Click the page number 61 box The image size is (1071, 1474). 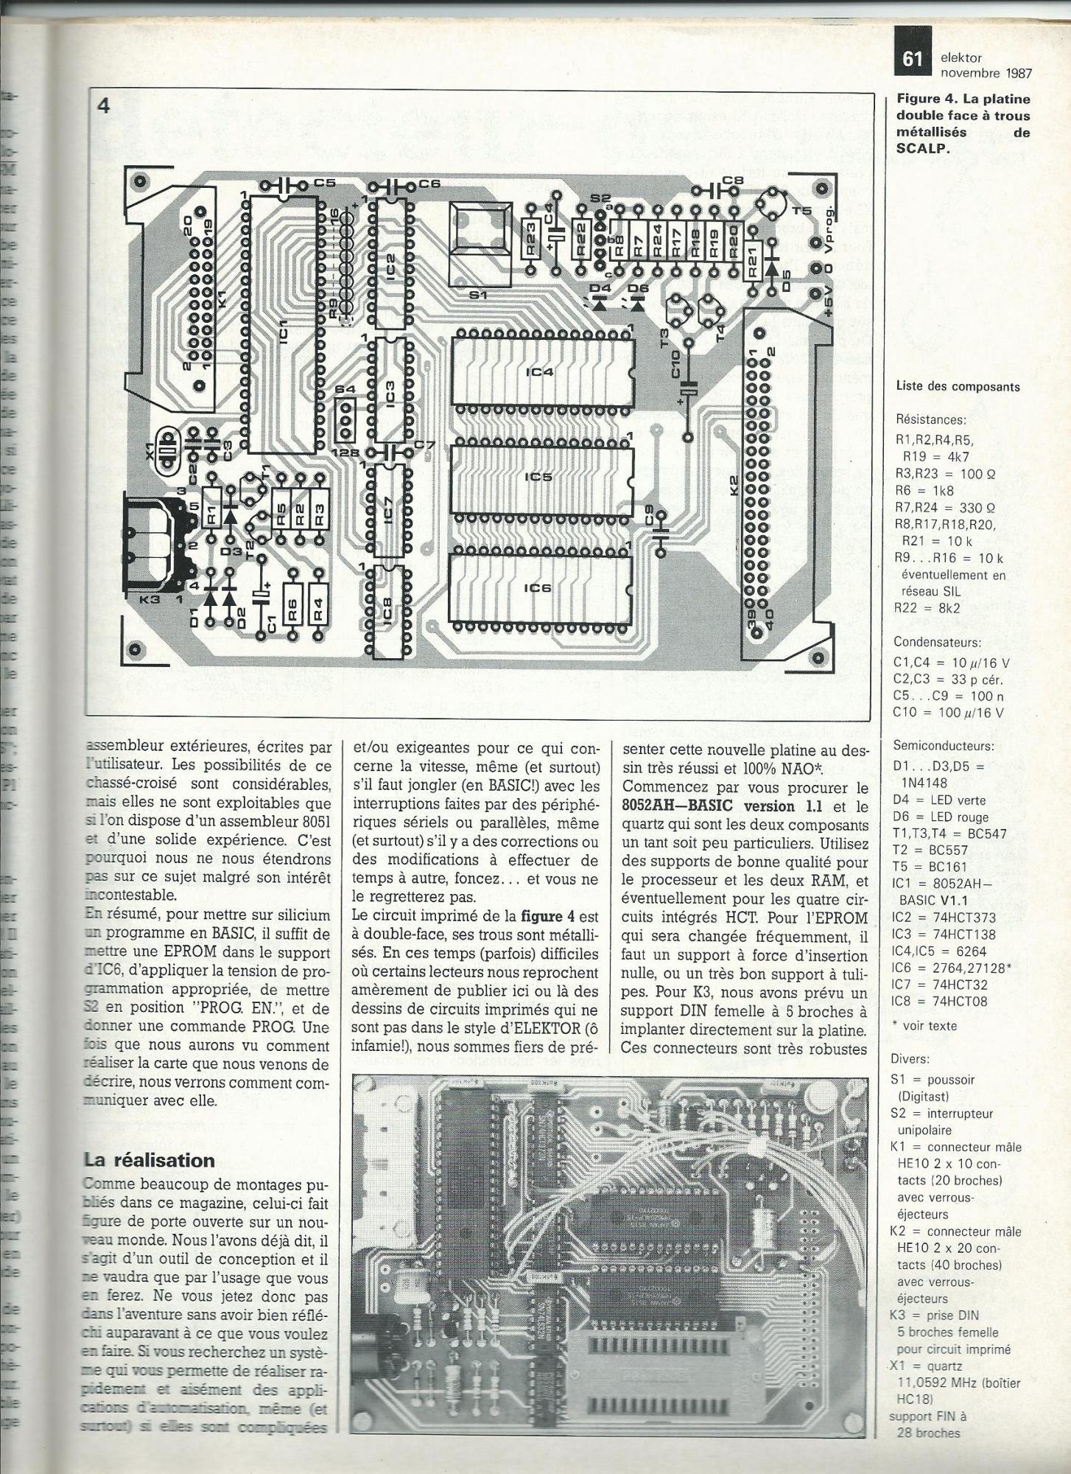(913, 59)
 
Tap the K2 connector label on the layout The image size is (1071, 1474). (734, 486)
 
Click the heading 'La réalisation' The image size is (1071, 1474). (149, 1159)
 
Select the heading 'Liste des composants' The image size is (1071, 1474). (958, 386)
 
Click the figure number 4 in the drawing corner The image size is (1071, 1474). (103, 106)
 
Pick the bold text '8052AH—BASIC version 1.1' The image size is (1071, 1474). (729, 806)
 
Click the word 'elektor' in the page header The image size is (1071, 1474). (961, 57)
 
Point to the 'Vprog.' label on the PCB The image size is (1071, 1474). (832, 214)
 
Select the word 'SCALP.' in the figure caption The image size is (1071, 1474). (922, 147)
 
